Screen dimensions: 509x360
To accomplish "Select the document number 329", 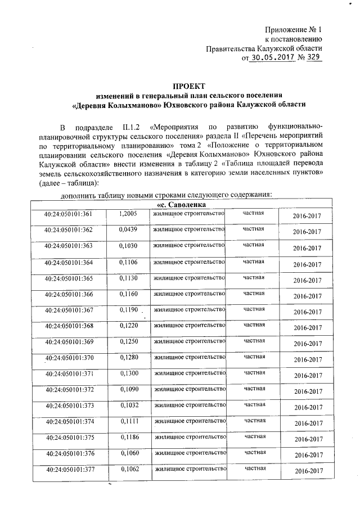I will pyautogui.click(x=313, y=57).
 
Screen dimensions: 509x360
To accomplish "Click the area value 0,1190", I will pyautogui.click(x=128, y=309).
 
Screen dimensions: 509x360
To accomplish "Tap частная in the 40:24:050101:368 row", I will pyautogui.click(x=254, y=325).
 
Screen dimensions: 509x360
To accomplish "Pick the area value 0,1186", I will pyautogui.click(x=129, y=436).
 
